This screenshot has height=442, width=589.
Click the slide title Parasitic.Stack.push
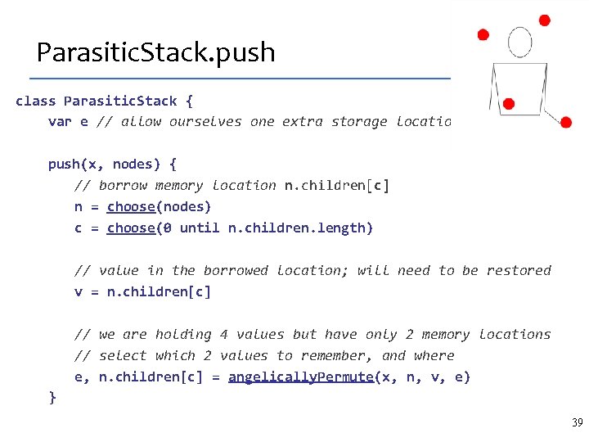click(155, 53)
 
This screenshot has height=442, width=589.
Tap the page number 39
click(577, 423)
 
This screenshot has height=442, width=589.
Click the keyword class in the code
click(35, 101)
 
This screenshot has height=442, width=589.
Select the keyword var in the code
click(60, 122)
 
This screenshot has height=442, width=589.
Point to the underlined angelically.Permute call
click(300, 377)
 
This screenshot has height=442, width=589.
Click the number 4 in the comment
click(223, 334)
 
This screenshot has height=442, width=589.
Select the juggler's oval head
click(519, 43)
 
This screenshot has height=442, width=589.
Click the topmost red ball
click(545, 20)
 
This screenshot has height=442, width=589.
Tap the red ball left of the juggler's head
click(483, 34)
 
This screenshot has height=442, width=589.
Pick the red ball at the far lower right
click(565, 122)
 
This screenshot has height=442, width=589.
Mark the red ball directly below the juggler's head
click(508, 104)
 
